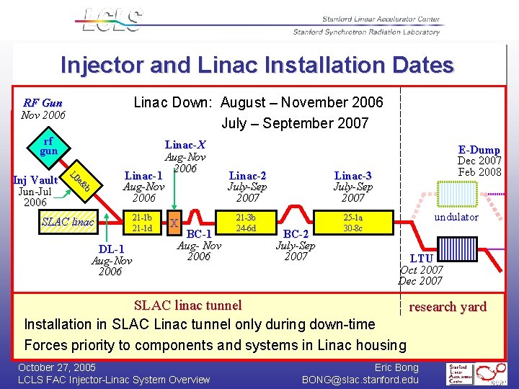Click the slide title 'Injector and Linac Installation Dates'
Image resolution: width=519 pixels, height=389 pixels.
click(x=257, y=66)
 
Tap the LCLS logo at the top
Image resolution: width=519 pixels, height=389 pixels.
click(x=111, y=19)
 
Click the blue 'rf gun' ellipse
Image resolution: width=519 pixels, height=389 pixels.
click(x=48, y=146)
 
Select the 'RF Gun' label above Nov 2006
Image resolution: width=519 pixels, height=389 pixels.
click(x=43, y=103)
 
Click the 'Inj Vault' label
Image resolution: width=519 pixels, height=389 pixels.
click(x=36, y=180)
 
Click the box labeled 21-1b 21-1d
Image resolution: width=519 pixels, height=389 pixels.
click(x=142, y=223)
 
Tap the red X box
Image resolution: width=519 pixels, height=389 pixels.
click(x=174, y=223)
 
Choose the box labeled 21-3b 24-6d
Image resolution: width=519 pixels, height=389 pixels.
click(x=247, y=223)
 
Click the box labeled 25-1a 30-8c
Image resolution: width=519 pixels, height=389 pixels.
click(x=352, y=223)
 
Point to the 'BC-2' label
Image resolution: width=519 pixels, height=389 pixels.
click(x=296, y=234)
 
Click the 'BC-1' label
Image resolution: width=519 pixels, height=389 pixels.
click(x=199, y=234)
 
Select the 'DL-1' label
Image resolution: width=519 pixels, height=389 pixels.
click(x=111, y=249)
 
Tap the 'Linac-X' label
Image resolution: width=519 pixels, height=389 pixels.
click(x=185, y=145)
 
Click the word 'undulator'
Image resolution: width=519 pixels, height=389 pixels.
click(x=456, y=217)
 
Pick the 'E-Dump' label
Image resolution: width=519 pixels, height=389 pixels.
click(x=479, y=150)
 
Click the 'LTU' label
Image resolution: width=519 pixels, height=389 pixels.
click(x=421, y=258)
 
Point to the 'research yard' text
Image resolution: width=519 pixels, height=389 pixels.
click(x=448, y=306)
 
